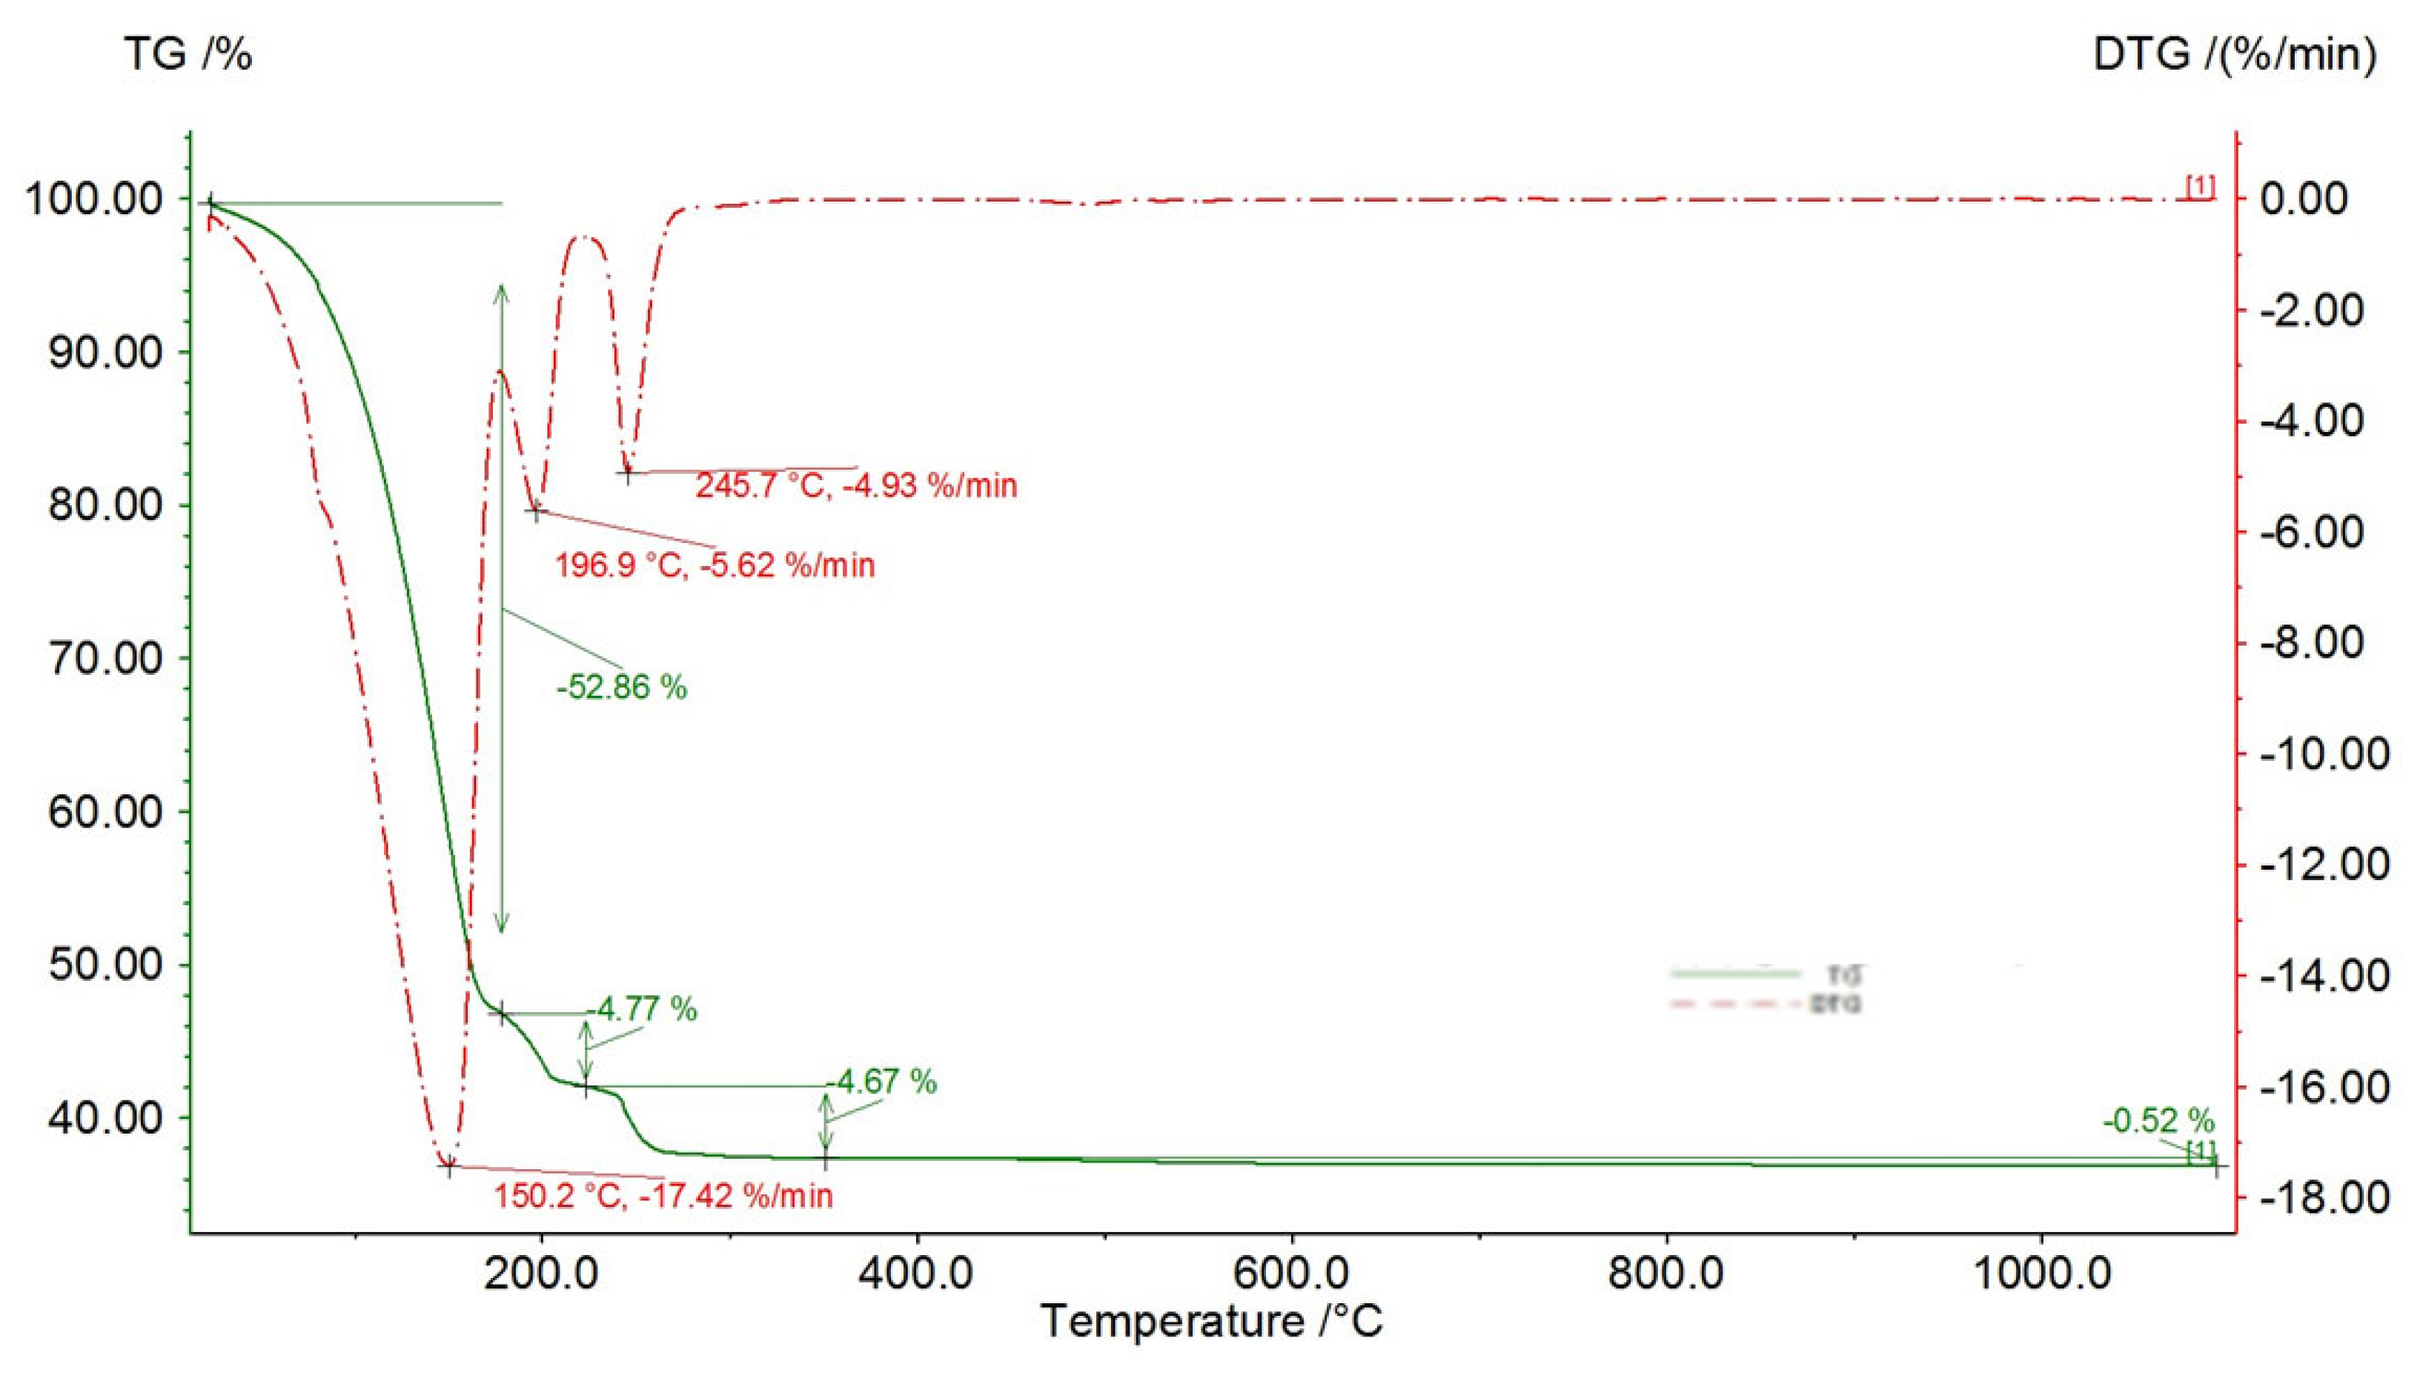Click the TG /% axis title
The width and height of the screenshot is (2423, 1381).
[x=188, y=55]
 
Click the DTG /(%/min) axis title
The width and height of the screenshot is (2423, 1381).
[x=2234, y=55]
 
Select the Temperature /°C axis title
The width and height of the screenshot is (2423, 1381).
[x=1211, y=1321]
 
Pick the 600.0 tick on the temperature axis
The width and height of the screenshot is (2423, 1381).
[x=1292, y=1274]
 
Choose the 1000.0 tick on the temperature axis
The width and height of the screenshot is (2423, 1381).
[x=2043, y=1274]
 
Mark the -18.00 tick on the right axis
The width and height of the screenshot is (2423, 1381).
[x=2322, y=1198]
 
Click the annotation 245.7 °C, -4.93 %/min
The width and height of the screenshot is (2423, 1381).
[x=856, y=485]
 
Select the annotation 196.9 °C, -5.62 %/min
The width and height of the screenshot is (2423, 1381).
[x=715, y=565]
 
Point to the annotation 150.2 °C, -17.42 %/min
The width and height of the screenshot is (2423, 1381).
[x=662, y=1196]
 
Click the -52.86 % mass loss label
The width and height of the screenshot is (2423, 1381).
[x=621, y=687]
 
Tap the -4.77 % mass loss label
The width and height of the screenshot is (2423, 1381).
[x=643, y=1009]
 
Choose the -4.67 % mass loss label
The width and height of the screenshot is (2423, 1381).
[x=882, y=1081]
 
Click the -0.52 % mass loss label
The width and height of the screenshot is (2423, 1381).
[x=2158, y=1122]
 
